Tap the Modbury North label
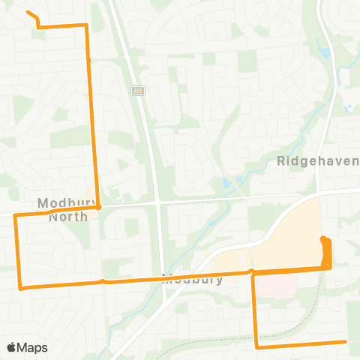[62, 208]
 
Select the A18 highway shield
[137, 91]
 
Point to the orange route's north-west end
[28, 12]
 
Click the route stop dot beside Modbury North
[98, 208]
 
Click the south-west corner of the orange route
[20, 287]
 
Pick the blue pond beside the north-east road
[325, 53]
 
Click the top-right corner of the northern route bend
[86, 25]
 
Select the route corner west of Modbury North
[15, 215]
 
